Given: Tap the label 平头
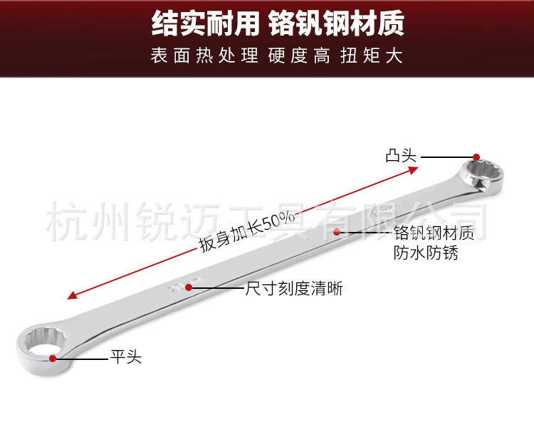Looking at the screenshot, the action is [x=125, y=357].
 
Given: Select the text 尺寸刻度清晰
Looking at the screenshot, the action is [x=294, y=289].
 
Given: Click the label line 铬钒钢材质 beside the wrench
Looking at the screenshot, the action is [x=434, y=233].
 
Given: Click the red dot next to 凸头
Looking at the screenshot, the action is [x=476, y=157].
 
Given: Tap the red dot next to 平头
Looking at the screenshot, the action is [x=53, y=358].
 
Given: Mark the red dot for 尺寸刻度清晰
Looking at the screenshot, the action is [x=189, y=287].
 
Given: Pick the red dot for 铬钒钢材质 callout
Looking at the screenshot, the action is [x=337, y=231].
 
